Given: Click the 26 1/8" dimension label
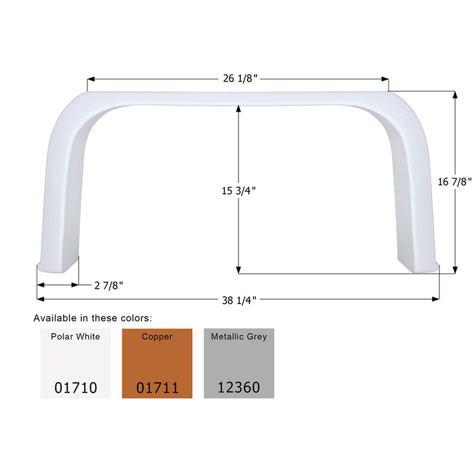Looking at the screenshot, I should point(238,79).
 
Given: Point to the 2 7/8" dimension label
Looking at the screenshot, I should point(109,285).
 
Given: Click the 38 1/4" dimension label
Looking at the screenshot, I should point(238,300).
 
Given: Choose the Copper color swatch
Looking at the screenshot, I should point(157,363).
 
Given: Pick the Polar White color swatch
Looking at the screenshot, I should point(75,363).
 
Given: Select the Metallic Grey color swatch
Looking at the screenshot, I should point(239,363).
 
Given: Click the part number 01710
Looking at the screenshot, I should point(75,388).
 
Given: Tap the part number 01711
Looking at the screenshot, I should point(157,388).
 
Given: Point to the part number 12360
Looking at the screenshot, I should point(239,388).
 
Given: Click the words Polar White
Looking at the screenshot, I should point(75,337).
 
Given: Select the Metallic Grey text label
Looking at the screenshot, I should point(239,337).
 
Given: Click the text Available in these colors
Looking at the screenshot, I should point(93,318).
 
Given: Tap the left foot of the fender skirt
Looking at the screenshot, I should point(58,264).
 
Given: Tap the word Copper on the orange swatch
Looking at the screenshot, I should point(157,337).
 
